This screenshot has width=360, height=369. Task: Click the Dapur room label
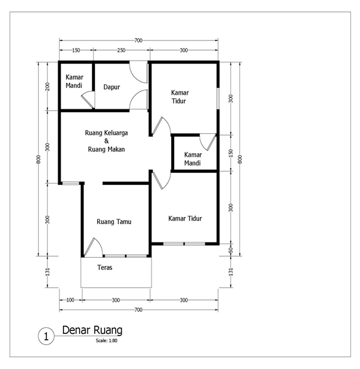coord(112,87)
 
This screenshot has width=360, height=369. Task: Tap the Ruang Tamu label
coord(114,222)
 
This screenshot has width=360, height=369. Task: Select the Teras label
coord(105,267)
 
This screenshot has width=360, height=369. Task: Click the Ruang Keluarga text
coord(106,133)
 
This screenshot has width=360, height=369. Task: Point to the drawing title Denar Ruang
coord(92,330)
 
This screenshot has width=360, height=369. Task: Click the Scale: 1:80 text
coord(106,340)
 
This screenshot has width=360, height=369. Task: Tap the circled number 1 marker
coord(46,336)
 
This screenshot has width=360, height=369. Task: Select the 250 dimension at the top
coord(121,50)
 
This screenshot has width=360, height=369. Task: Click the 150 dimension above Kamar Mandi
coord(76,50)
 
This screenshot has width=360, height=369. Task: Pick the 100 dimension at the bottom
coord(70,300)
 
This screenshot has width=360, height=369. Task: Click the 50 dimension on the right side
coord(230,250)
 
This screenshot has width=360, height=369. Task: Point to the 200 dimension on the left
coord(48,86)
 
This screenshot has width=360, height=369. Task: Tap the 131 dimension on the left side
coord(48,272)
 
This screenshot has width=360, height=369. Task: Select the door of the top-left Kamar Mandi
coord(88,99)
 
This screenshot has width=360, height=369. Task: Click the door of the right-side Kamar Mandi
coord(207,142)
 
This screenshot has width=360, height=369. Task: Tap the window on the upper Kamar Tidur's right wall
coord(218,99)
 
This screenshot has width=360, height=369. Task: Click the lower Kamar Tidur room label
coord(185,219)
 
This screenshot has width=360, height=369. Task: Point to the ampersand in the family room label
coord(106,141)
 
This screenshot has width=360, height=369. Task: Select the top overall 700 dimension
coord(138,40)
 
